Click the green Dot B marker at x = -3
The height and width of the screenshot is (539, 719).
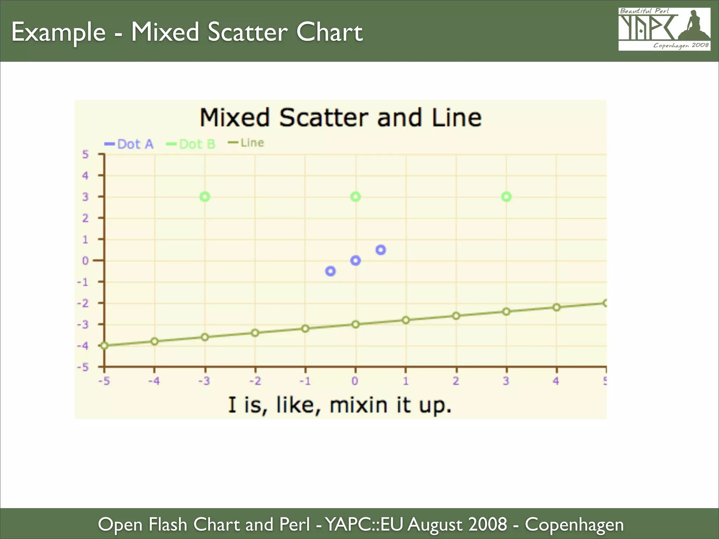[x=205, y=197]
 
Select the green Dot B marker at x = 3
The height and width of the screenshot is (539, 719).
[x=506, y=197]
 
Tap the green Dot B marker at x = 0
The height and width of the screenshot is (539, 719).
[x=356, y=197]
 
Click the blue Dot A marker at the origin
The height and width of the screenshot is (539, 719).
[x=356, y=260]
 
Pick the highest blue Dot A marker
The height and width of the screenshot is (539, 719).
[x=381, y=250]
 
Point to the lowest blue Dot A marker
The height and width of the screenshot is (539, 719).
[x=330, y=271]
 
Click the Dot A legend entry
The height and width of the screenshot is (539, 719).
[x=130, y=144]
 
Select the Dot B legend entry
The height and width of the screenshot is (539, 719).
[x=191, y=144]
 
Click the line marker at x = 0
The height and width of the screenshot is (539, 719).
[x=356, y=324]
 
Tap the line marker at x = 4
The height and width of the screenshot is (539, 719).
[x=556, y=307]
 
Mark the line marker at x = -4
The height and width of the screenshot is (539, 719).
[x=154, y=341]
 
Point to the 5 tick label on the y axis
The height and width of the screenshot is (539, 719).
[x=85, y=154]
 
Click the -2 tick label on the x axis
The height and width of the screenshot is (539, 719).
[x=255, y=381]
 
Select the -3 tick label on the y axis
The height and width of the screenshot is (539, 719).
[x=83, y=325]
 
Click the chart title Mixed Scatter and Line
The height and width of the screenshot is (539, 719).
[x=341, y=118]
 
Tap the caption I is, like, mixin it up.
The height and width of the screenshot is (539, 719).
[x=339, y=405]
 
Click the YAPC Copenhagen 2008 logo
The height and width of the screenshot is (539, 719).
[x=664, y=29]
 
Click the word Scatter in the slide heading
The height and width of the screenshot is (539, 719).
[x=248, y=32]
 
